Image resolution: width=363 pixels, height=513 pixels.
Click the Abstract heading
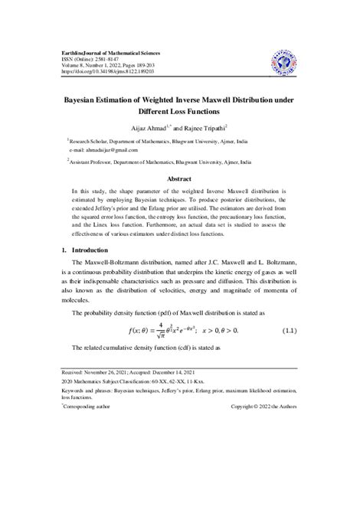tap(181, 178)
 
